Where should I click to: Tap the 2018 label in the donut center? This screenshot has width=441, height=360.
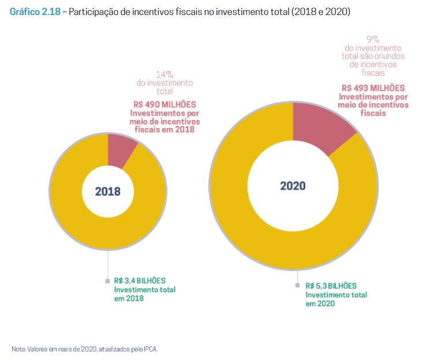tap(108, 192)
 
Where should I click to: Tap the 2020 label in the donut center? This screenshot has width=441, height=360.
tap(293, 186)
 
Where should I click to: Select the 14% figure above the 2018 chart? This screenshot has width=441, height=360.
tap(165, 74)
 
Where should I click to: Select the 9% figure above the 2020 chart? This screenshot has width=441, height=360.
tap(372, 39)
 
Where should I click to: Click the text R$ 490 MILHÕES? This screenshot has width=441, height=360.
tap(165, 104)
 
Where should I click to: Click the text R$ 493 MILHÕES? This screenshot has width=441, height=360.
tap(372, 88)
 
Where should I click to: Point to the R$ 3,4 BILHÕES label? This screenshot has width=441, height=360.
tap(137, 281)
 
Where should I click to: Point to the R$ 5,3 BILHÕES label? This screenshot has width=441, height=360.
tap(331, 286)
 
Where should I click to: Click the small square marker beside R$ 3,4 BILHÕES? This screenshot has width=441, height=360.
tap(107, 281)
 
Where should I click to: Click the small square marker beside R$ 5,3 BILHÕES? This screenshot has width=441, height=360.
tap(298, 286)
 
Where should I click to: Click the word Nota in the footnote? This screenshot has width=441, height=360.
tap(18, 349)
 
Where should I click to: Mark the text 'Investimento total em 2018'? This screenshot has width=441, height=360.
tap(145, 294)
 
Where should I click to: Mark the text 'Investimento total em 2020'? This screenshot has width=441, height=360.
tap(336, 298)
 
